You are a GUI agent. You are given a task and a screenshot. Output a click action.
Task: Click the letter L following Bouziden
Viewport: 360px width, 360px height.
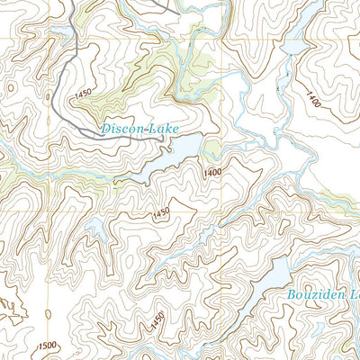tap(354, 294)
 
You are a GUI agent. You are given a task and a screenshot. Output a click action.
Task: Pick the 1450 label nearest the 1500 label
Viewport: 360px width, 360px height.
tap(157, 319)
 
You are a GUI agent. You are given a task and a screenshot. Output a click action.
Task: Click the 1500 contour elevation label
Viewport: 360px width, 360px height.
tap(48, 346)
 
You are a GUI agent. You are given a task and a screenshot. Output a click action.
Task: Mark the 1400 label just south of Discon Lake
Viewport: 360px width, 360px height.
tap(212, 172)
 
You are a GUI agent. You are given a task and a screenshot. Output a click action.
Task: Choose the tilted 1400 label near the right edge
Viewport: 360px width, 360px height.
tap(312, 96)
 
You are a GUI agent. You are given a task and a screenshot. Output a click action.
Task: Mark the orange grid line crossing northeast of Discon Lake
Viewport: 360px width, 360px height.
tap(219, 39)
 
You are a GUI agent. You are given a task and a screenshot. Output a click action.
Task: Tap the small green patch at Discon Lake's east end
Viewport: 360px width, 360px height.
tap(211, 149)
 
